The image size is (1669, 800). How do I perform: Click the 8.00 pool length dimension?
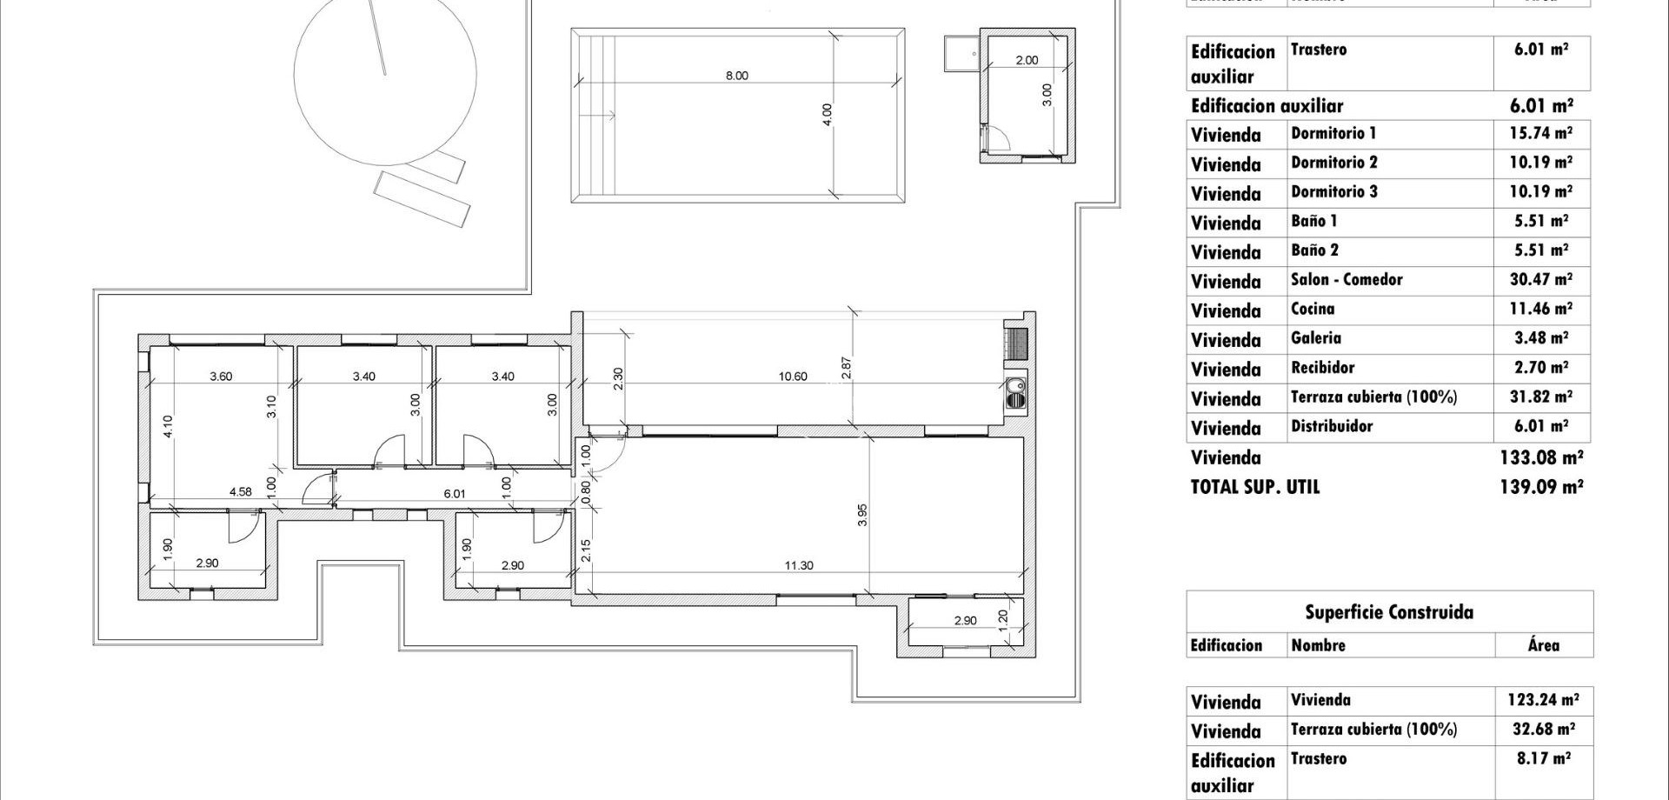(736, 76)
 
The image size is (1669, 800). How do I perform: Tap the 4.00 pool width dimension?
(827, 115)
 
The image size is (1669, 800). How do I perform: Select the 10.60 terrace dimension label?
(792, 377)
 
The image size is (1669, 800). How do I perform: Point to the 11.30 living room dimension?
(798, 565)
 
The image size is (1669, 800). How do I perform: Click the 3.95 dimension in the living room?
(861, 515)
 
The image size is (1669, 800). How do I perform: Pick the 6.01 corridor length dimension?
(454, 493)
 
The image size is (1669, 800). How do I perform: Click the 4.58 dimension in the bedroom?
(240, 491)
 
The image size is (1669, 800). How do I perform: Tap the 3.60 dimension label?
(221, 377)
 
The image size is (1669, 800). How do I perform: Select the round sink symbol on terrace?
(1014, 388)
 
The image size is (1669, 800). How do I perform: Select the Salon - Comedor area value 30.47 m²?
(1542, 279)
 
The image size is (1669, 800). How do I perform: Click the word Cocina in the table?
(1312, 309)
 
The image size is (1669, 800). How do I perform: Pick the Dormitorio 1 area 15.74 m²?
(1542, 133)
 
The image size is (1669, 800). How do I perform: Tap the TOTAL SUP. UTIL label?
(1254, 487)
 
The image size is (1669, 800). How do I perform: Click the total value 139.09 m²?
(1540, 487)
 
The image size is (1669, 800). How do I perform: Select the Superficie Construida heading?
(1388, 612)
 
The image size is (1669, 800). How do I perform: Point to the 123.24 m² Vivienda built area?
(1542, 700)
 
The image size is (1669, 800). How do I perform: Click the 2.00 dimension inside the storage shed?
(1026, 60)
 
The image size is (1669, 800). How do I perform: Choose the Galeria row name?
(1315, 338)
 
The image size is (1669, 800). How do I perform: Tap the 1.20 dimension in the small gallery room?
(1002, 619)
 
